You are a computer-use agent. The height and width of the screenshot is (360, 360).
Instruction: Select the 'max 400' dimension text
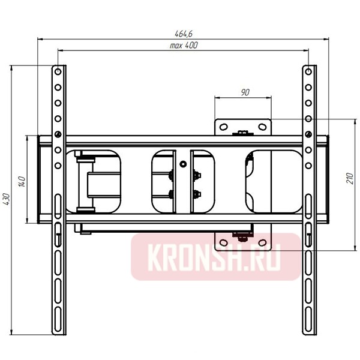pos(184,46)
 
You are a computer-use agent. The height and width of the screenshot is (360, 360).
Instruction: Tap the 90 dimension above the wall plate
pos(245,92)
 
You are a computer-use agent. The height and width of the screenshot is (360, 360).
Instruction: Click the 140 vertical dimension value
pos(20,181)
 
